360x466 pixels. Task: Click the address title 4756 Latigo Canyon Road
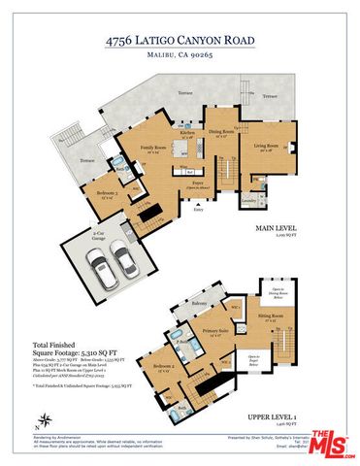(x=180, y=42)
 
